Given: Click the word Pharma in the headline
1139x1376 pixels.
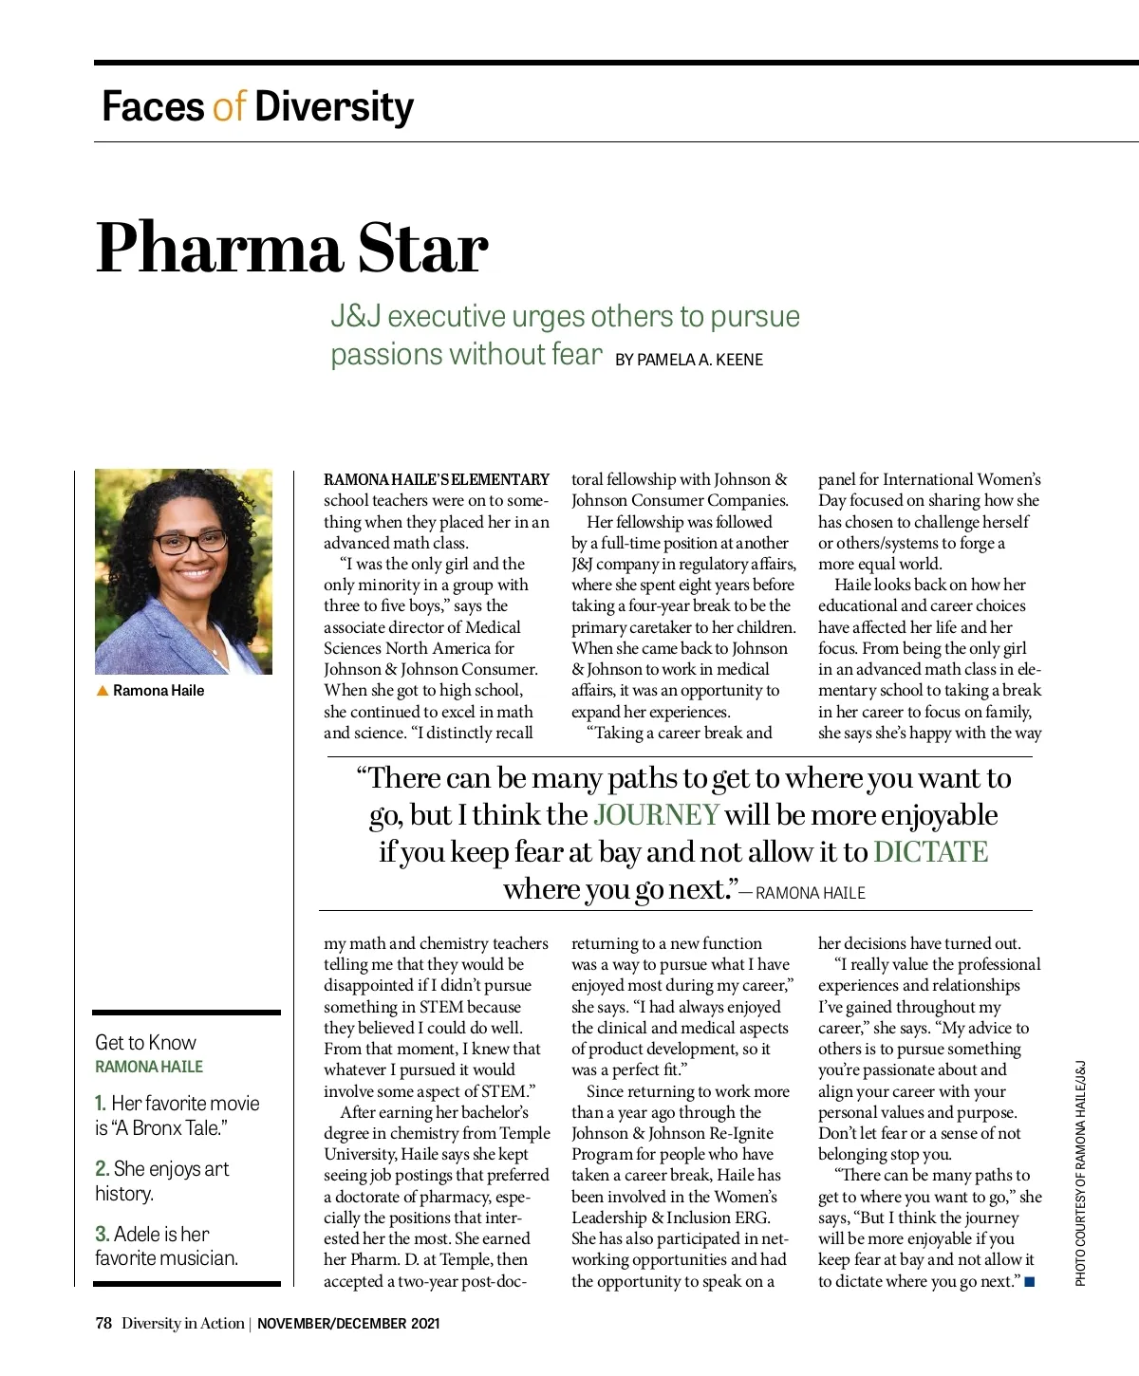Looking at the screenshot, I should pos(219,249).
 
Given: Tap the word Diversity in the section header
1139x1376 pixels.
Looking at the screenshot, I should pos(334,106).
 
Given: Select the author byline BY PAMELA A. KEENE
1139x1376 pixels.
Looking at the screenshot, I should pos(688,360).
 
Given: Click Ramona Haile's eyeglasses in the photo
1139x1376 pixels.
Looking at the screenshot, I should pos(190,542).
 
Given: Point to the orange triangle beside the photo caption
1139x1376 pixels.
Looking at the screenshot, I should pos(103,691).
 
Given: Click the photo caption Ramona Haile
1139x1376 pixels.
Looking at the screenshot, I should pos(159,691).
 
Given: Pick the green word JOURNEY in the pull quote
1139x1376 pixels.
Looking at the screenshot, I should pos(656,815).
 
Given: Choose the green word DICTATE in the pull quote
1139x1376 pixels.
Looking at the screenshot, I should pos(930,852).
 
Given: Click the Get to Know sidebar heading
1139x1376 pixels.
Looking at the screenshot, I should pos(145,1042).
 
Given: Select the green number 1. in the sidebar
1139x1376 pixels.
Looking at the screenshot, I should pos(101,1104).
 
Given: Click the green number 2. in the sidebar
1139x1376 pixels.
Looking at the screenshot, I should pos(102,1169).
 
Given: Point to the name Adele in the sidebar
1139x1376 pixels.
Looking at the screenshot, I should pos(137,1235).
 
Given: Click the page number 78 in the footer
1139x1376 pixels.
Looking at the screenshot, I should pos(103,1323).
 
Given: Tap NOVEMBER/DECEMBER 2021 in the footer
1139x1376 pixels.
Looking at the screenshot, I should pos(348,1323).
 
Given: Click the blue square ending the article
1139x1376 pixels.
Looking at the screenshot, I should pos(1030,1282).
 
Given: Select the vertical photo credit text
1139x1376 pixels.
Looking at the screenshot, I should pos(1080,1174).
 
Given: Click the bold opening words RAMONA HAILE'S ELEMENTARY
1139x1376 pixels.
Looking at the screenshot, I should pos(437,480).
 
